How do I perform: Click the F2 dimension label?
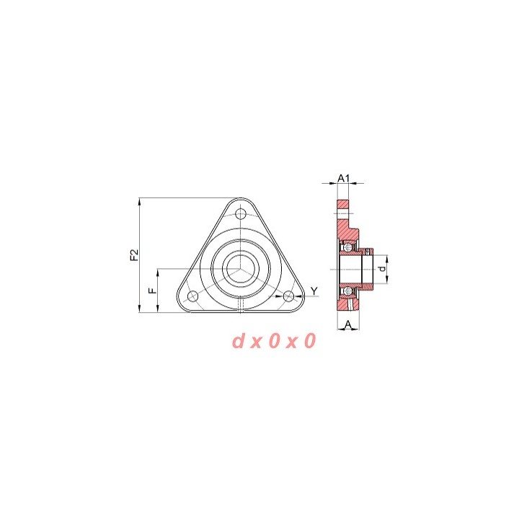click(x=134, y=255)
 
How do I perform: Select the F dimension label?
click(x=152, y=290)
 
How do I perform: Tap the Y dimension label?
click(x=314, y=291)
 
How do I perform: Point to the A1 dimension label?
click(x=343, y=179)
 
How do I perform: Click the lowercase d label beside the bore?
click(x=382, y=269)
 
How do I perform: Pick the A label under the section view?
click(x=348, y=324)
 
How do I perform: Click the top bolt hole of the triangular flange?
click(x=241, y=214)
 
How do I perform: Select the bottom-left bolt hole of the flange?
click(x=192, y=296)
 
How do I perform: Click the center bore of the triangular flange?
click(x=241, y=269)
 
